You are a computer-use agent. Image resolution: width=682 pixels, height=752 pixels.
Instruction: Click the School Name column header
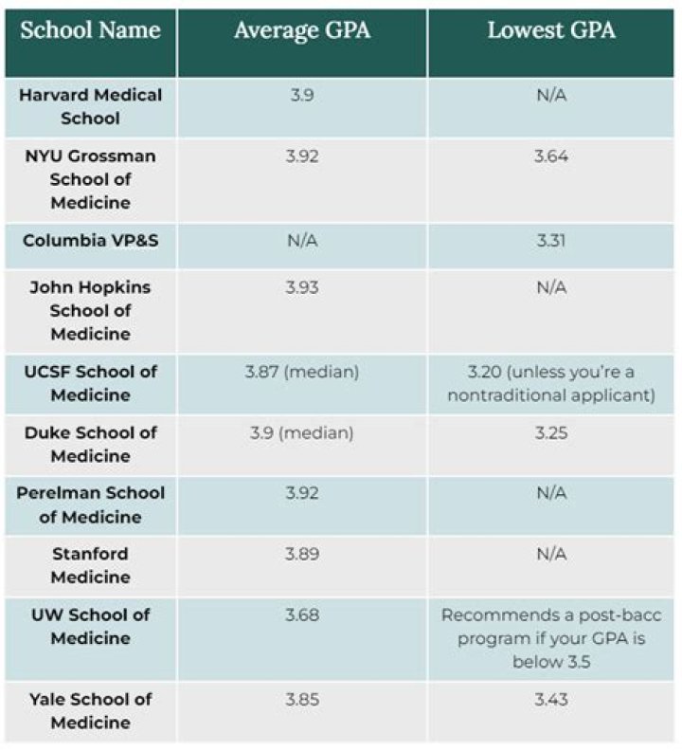[x=90, y=31]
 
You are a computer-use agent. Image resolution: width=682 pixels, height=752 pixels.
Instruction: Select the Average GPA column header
[x=302, y=31]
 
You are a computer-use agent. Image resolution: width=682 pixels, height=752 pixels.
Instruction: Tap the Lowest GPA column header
[x=551, y=31]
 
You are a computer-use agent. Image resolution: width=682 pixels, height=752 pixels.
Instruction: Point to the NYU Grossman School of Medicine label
[x=91, y=179]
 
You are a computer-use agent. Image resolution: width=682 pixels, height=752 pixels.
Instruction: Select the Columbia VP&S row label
[x=91, y=241]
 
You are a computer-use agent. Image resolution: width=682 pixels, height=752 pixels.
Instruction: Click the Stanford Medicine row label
[x=91, y=565]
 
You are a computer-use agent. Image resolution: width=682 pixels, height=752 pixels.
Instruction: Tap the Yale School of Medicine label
[x=91, y=710]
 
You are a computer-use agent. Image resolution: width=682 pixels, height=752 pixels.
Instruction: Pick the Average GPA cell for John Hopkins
[x=302, y=286]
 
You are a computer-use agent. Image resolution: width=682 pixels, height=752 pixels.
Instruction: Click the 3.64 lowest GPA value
[x=551, y=156]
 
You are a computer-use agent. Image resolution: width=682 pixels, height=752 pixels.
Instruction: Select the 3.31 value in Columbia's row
[x=551, y=241]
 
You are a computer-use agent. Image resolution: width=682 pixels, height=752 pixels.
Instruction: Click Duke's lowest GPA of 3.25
[x=551, y=432]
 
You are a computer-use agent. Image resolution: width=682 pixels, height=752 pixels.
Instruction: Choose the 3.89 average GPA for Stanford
[x=302, y=554]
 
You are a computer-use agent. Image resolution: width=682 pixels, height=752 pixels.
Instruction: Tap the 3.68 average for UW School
[x=302, y=614]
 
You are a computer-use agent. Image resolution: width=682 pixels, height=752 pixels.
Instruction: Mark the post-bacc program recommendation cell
[x=551, y=638]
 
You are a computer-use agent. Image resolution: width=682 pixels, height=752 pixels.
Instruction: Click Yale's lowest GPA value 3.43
[x=551, y=699]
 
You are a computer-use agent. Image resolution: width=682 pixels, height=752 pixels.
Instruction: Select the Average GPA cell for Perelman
[x=302, y=493]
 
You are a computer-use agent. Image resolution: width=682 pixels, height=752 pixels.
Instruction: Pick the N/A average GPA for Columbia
[x=302, y=241]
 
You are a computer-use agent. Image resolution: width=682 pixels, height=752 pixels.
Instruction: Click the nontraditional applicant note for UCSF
[x=551, y=384]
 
